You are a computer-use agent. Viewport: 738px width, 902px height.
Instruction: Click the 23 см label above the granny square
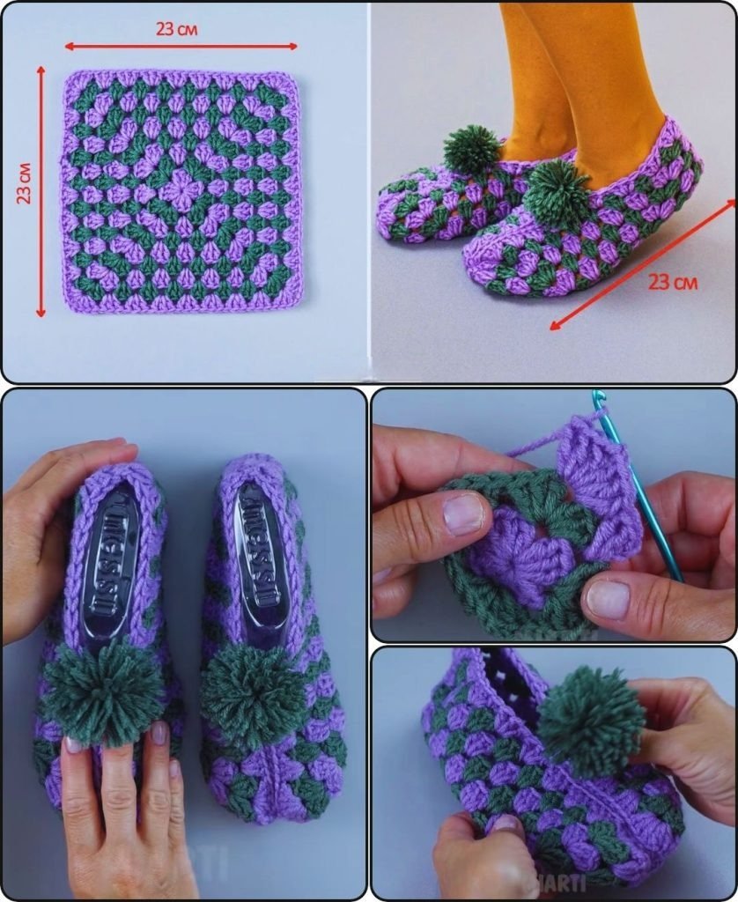point(177,28)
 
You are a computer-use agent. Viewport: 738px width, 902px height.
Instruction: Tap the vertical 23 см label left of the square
point(26,183)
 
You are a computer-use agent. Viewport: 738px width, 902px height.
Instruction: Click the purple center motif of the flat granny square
point(180,189)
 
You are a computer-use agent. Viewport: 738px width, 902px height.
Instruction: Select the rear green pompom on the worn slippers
point(472,147)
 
